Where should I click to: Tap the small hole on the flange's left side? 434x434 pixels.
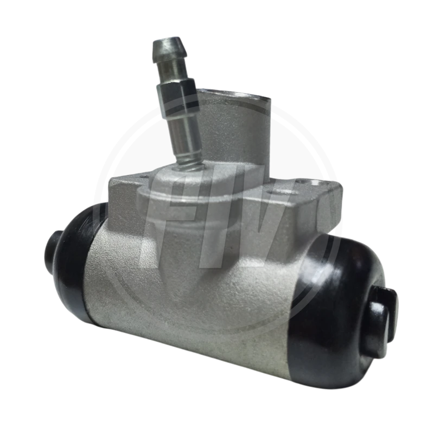(144, 177)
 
